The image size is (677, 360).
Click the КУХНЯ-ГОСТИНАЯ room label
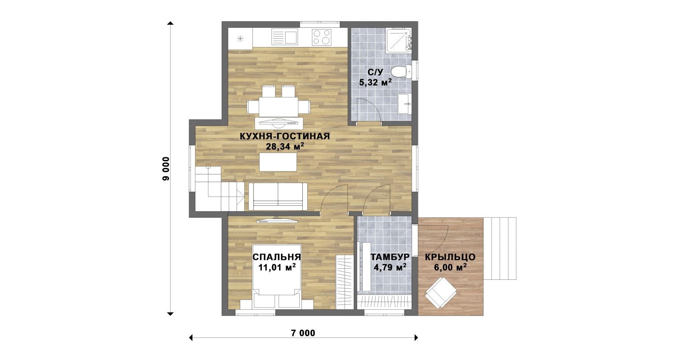285,136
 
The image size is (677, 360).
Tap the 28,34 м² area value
285,147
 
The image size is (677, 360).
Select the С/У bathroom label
376,72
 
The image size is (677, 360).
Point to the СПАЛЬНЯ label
276,257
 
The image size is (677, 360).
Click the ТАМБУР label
390,257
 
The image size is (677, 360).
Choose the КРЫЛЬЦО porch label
450,257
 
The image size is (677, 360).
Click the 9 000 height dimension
166,169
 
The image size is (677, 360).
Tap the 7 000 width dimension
303,333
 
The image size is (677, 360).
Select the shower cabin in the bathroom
399,40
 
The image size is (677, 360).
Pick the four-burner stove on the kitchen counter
322,37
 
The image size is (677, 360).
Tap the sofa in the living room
278,197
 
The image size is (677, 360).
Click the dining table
278,107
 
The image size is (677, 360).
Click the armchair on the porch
441,293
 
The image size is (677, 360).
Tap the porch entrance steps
500,249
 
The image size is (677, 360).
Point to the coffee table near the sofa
278,162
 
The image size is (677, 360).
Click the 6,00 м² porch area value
450,267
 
